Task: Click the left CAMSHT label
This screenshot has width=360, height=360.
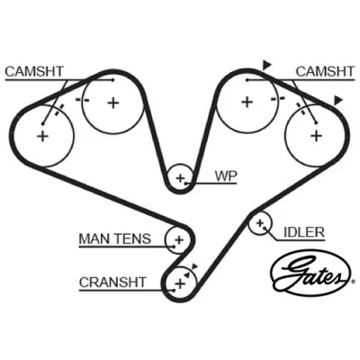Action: click(x=34, y=72)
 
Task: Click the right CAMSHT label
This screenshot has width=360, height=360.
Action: click(x=326, y=72)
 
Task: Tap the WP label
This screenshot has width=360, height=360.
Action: click(x=226, y=176)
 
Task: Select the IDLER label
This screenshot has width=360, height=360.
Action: click(x=304, y=232)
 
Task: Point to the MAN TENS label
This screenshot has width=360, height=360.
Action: click(x=115, y=239)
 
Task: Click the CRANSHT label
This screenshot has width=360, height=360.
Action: click(x=112, y=283)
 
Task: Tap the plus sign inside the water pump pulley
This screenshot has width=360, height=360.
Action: click(x=180, y=178)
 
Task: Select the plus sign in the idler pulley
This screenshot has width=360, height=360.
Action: click(x=260, y=223)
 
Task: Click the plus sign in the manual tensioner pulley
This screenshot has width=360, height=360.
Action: click(x=179, y=240)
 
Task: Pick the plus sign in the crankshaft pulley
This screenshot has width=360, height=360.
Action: click(x=180, y=283)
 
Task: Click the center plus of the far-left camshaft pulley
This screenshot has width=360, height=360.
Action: click(x=42, y=137)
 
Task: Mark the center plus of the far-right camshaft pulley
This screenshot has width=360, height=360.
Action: click(x=316, y=136)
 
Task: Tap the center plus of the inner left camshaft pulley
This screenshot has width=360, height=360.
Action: click(x=113, y=103)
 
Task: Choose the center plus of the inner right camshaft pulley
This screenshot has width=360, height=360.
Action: click(x=247, y=102)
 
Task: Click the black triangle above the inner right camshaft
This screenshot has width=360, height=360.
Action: click(x=266, y=65)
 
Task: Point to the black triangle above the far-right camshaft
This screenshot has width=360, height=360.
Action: click(x=338, y=100)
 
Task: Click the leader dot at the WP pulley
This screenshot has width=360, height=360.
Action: click(x=186, y=183)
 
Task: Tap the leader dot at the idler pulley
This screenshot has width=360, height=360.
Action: click(x=265, y=228)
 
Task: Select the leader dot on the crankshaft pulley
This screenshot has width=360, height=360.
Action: click(x=174, y=290)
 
